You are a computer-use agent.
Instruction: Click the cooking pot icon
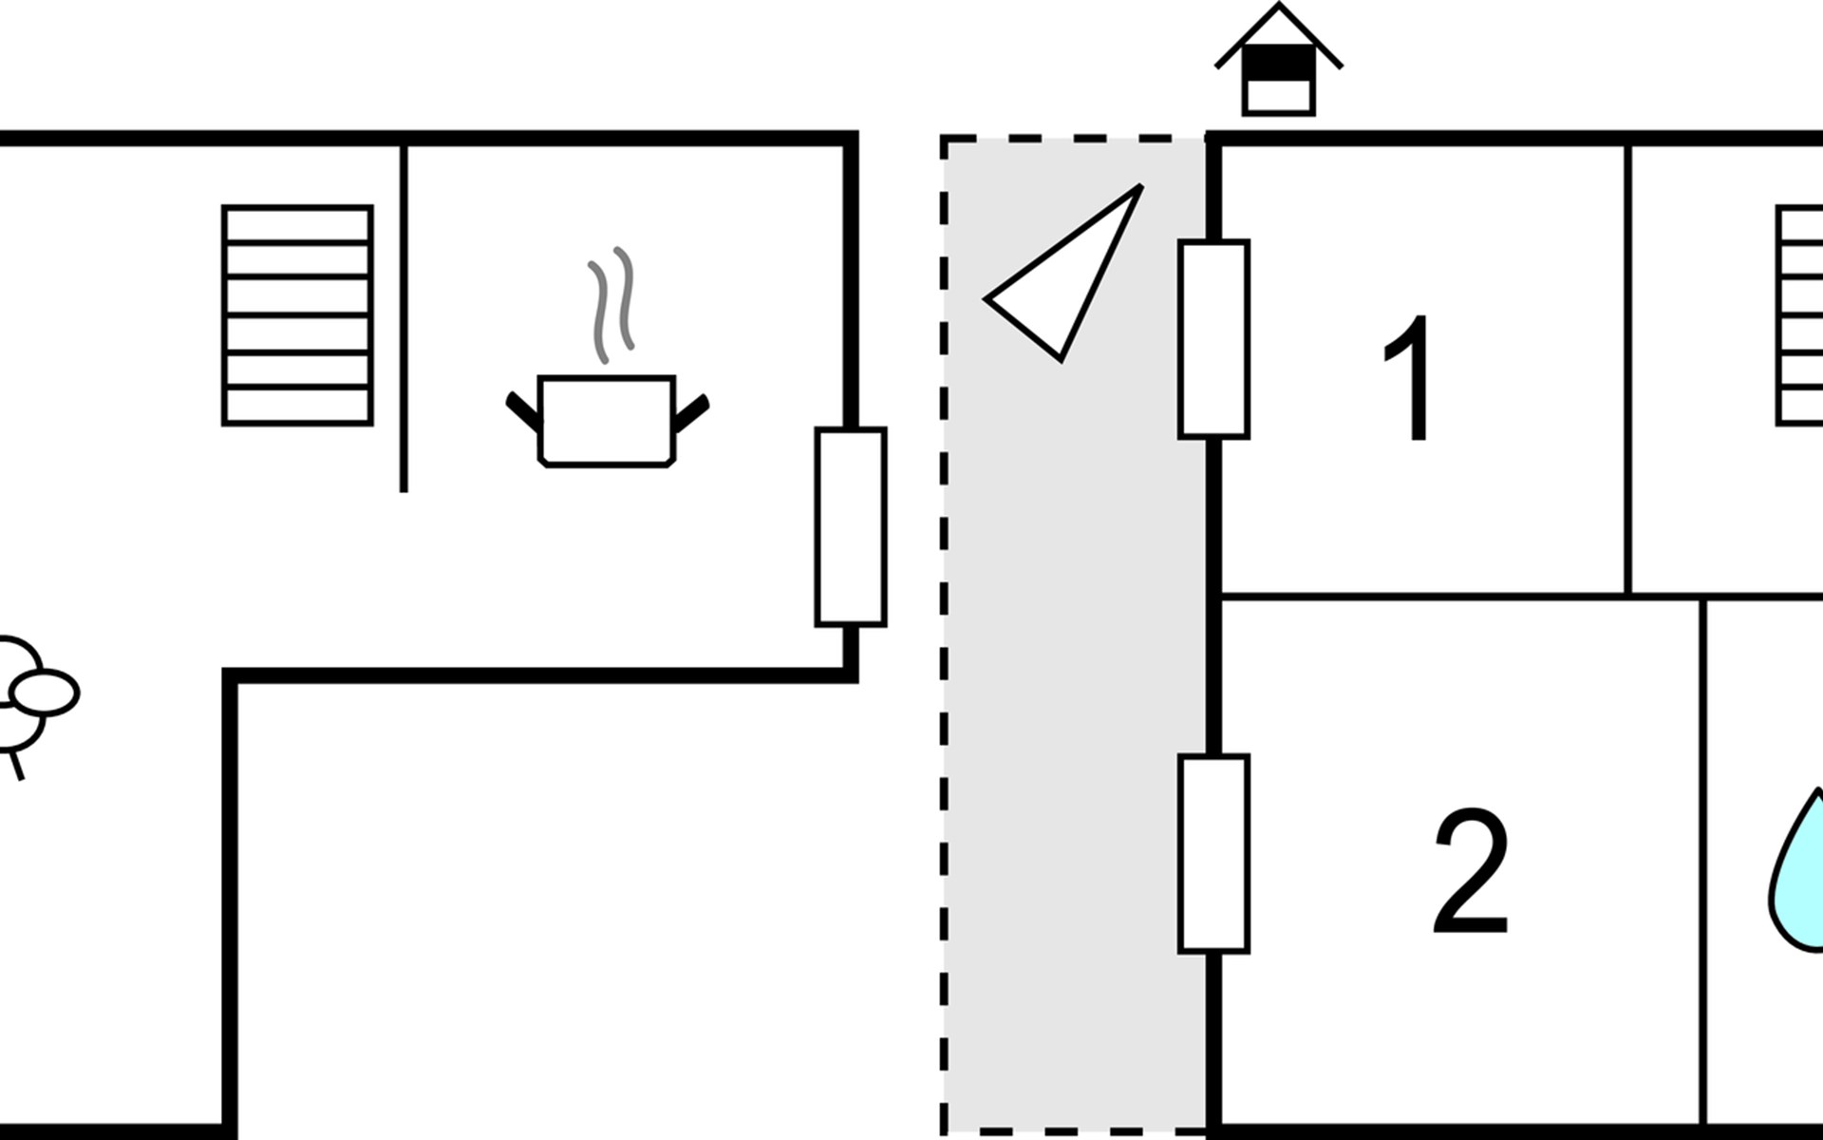click(607, 420)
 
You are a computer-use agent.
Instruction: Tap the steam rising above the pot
click(611, 304)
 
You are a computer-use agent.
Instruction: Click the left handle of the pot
click(522, 410)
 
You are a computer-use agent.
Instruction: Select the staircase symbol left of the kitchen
click(297, 314)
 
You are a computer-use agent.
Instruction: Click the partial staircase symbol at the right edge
click(1800, 314)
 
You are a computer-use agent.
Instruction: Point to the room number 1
click(1409, 378)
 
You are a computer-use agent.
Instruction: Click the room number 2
click(1470, 871)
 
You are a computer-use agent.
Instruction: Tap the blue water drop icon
click(1796, 869)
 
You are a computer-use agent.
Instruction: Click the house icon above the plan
click(1278, 59)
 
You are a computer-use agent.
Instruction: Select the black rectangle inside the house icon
click(1278, 63)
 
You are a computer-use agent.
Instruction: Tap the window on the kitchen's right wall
click(851, 527)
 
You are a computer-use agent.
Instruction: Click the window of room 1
click(1213, 339)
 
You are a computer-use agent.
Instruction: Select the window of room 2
click(1213, 854)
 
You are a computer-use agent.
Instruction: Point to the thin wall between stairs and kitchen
click(404, 318)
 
